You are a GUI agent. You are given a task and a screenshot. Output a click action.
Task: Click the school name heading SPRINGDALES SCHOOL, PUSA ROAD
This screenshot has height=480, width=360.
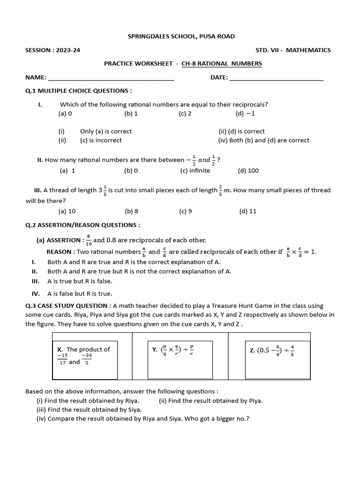coord(181,36)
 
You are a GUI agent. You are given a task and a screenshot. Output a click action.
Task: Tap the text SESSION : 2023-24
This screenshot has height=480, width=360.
coord(52,50)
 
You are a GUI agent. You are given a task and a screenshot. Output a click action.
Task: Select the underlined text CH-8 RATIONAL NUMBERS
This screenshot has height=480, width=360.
coord(222,64)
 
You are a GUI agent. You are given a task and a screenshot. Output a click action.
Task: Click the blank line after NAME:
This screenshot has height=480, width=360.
coord(111,78)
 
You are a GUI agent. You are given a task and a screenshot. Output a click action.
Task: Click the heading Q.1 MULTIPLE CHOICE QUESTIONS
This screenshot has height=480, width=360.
coord(78,90)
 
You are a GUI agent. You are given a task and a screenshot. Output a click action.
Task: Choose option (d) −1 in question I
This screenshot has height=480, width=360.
coord(245,113)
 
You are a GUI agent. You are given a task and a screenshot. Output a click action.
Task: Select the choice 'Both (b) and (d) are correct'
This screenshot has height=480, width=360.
coord(263,140)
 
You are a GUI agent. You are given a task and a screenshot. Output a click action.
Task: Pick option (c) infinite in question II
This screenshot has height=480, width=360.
coord(195,171)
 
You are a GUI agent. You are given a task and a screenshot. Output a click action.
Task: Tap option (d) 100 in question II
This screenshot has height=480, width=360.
coord(248,171)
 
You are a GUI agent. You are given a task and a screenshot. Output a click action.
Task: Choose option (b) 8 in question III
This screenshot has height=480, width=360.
coord(131,211)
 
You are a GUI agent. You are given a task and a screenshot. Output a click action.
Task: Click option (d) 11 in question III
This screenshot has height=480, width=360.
coord(247,211)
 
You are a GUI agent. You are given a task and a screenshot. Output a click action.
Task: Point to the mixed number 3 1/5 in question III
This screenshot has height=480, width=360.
coord(102,190)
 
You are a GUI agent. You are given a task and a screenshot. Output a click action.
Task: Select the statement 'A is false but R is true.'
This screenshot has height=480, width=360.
coord(80,294)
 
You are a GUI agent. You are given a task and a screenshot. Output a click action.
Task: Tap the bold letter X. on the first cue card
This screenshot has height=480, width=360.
coord(60,349)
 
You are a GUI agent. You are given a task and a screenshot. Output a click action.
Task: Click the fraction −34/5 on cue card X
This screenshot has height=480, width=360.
coord(87,359)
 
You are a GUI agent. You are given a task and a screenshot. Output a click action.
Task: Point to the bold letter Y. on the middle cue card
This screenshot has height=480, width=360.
coord(155,350)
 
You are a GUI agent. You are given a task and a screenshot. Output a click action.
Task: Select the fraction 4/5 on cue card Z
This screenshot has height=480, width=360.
coord(292,350)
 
